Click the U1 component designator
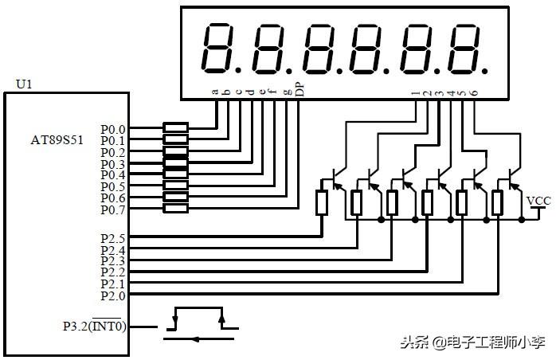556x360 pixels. (x=23, y=83)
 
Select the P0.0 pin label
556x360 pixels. (x=112, y=129)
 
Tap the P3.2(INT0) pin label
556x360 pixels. (x=95, y=326)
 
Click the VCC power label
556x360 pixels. (x=539, y=200)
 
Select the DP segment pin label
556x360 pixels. (x=300, y=88)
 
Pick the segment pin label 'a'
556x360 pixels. (x=215, y=91)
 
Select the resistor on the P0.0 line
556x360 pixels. (x=175, y=127)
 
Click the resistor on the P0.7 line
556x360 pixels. (x=175, y=209)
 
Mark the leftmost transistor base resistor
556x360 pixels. (x=322, y=202)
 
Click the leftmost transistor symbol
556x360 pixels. (x=336, y=178)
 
